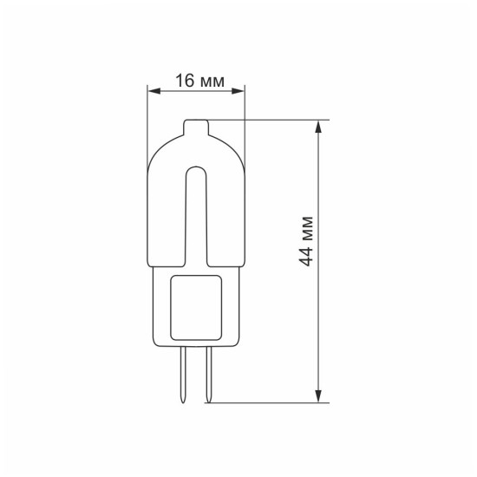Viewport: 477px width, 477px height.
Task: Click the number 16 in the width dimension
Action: (x=185, y=81)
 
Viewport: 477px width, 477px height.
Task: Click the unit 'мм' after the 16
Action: (x=212, y=82)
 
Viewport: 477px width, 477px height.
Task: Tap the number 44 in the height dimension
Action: (x=306, y=257)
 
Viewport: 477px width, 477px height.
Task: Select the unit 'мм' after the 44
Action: (x=308, y=228)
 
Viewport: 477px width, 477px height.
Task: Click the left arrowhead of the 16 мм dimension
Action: (x=154, y=91)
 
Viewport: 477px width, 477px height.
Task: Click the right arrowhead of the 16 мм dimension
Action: (x=238, y=91)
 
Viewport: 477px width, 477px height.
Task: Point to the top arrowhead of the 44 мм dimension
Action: (x=318, y=127)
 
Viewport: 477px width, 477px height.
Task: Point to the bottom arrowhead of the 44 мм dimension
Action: (x=318, y=396)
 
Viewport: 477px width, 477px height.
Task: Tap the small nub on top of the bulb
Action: (x=196, y=127)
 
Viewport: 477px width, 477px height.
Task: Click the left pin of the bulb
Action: (x=183, y=375)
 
